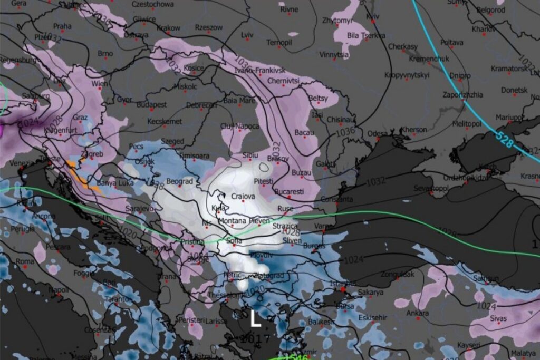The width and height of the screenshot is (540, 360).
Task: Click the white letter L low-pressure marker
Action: tap(256, 319)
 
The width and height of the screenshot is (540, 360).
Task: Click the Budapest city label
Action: tap(151, 105)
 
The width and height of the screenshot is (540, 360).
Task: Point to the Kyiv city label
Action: tap(372, 17)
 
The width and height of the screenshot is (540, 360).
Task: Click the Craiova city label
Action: tap(243, 196)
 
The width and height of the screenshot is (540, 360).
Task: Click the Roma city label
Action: tap(24, 261)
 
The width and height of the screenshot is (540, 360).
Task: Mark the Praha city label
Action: tap(62, 26)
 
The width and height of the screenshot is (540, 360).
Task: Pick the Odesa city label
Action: tap(377, 133)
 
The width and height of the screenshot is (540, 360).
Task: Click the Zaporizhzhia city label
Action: tap(462, 95)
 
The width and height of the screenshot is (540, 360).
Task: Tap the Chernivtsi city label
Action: tap(283, 81)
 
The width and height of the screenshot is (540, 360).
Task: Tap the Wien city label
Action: tap(100, 84)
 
